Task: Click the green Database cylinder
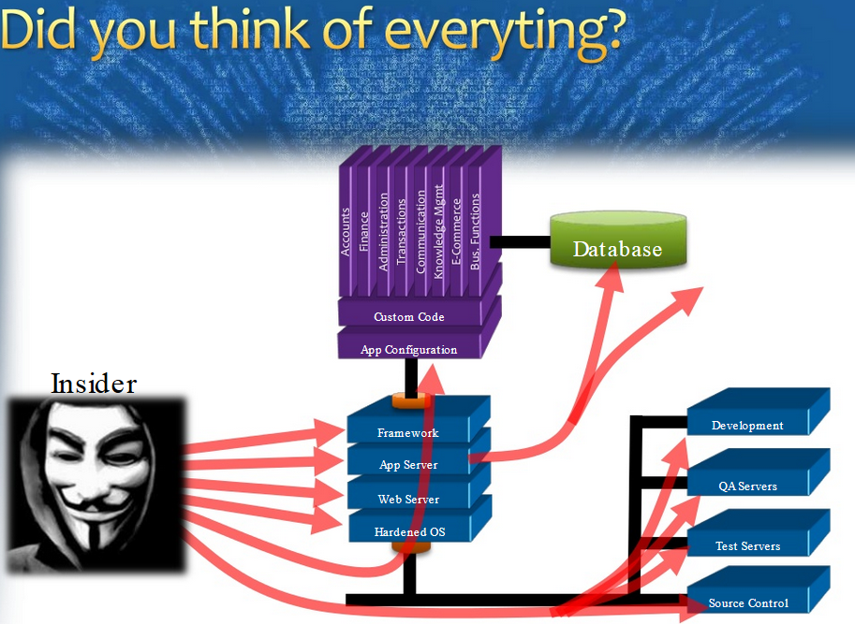tap(618, 246)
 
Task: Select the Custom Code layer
tap(408, 317)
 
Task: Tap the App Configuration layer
tap(408, 350)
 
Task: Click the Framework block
tap(407, 433)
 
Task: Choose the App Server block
tap(407, 465)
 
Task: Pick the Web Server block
tap(407, 500)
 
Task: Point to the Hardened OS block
tap(409, 532)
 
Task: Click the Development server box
tap(747, 426)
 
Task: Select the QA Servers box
tap(747, 486)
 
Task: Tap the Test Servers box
tap(747, 546)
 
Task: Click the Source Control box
tap(747, 603)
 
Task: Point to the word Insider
tap(94, 384)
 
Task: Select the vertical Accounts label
tap(346, 231)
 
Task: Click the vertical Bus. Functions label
tap(475, 231)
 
